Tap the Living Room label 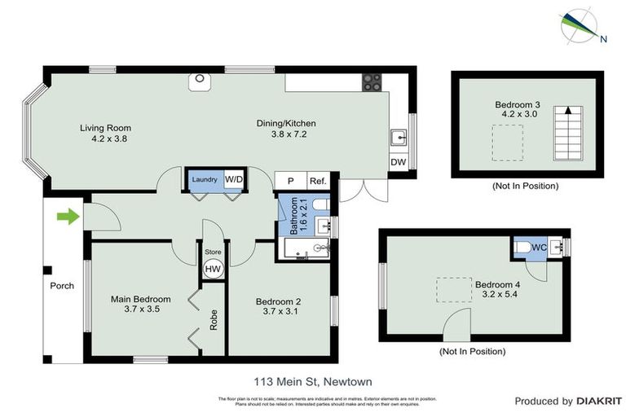pos(105,128)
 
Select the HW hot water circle pos(213,270)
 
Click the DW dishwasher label pos(399,162)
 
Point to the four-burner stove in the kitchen pos(373,82)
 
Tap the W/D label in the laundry pos(234,179)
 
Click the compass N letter pos(603,38)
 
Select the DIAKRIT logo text pos(599,401)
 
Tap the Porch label pos(62,286)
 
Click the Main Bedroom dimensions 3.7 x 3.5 pos(141,310)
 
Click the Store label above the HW pos(213,252)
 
